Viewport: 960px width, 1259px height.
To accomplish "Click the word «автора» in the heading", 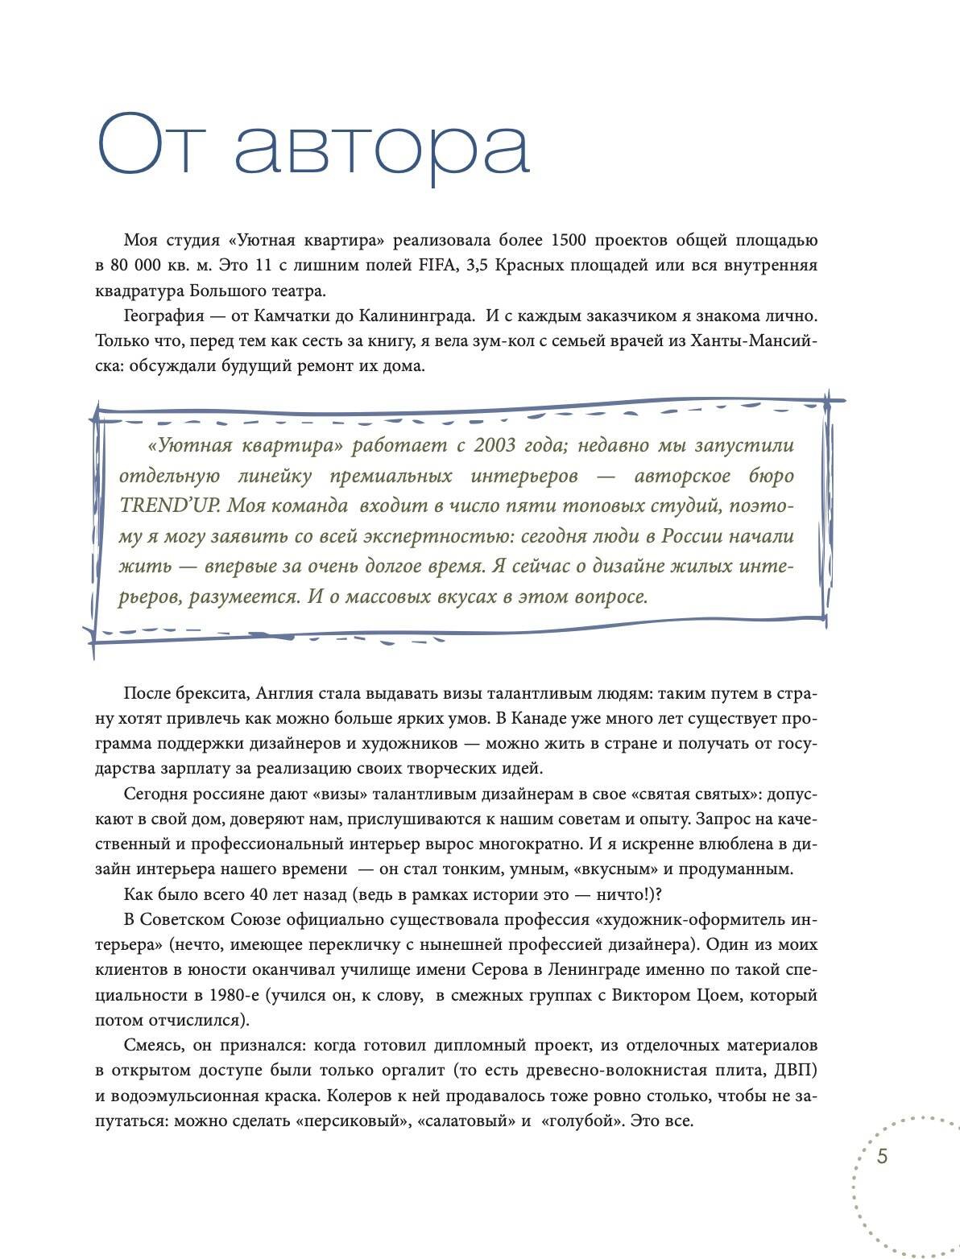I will (x=382, y=145).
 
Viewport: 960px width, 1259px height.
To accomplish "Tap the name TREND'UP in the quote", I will (x=164, y=506).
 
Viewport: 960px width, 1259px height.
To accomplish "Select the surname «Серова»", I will (x=493, y=970).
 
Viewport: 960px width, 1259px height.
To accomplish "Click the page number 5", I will (x=882, y=1157).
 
